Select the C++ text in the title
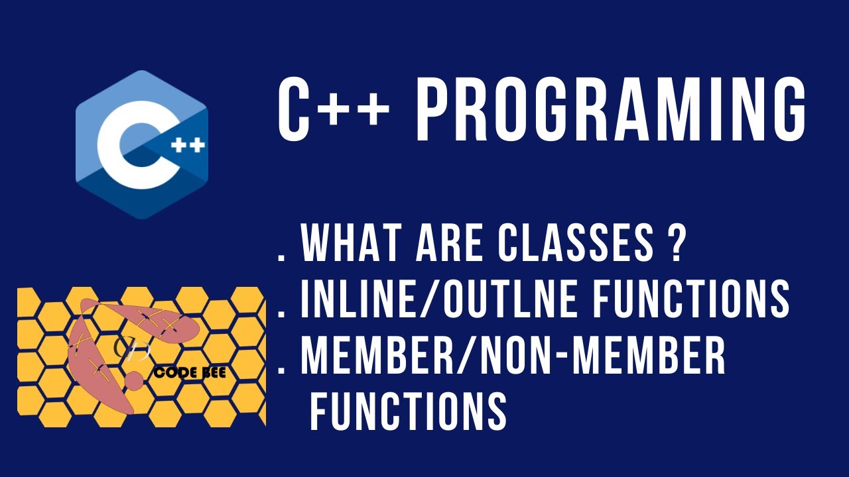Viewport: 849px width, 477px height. (332, 110)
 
